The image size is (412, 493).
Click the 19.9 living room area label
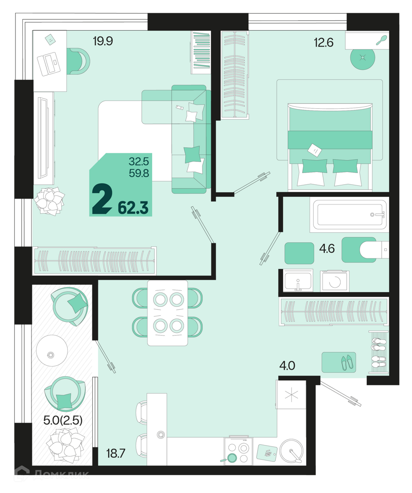click(x=103, y=41)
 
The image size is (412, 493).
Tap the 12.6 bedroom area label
click(x=324, y=42)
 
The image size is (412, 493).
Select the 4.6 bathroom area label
click(x=327, y=249)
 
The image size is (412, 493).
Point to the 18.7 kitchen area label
click(x=116, y=453)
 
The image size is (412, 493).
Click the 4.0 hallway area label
click(x=287, y=366)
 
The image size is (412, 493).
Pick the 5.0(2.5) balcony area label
click(x=63, y=420)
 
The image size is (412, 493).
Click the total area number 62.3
click(x=133, y=208)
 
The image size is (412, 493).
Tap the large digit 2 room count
click(x=102, y=199)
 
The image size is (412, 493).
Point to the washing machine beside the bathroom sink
click(x=335, y=281)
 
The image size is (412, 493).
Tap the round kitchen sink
click(x=291, y=450)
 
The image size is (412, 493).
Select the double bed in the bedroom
click(x=330, y=146)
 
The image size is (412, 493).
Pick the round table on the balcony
click(x=52, y=350)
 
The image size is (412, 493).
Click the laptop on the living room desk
click(x=48, y=64)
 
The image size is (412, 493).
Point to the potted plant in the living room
click(x=49, y=201)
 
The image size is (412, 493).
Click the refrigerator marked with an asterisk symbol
click(x=291, y=394)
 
